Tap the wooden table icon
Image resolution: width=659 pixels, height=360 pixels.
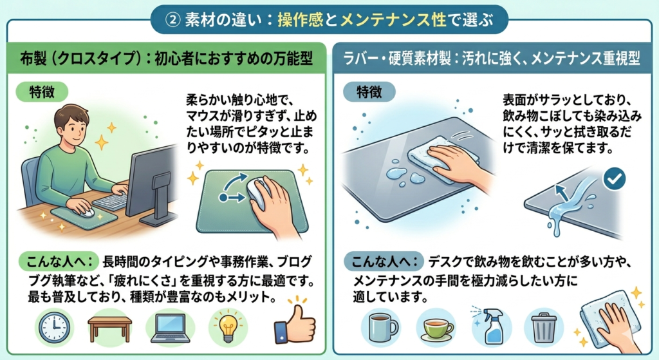click(x=109, y=327)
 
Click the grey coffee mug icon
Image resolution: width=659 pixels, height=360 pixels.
click(x=382, y=328)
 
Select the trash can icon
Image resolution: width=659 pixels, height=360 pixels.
click(x=544, y=327)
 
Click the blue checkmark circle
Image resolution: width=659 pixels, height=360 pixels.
click(x=614, y=179)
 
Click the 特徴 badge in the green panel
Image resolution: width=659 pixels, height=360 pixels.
click(x=42, y=91)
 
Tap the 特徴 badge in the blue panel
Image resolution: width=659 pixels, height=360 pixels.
click(x=369, y=91)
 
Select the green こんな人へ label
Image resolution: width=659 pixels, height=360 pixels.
click(x=59, y=261)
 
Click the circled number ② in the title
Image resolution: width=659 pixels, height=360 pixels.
click(x=172, y=21)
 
